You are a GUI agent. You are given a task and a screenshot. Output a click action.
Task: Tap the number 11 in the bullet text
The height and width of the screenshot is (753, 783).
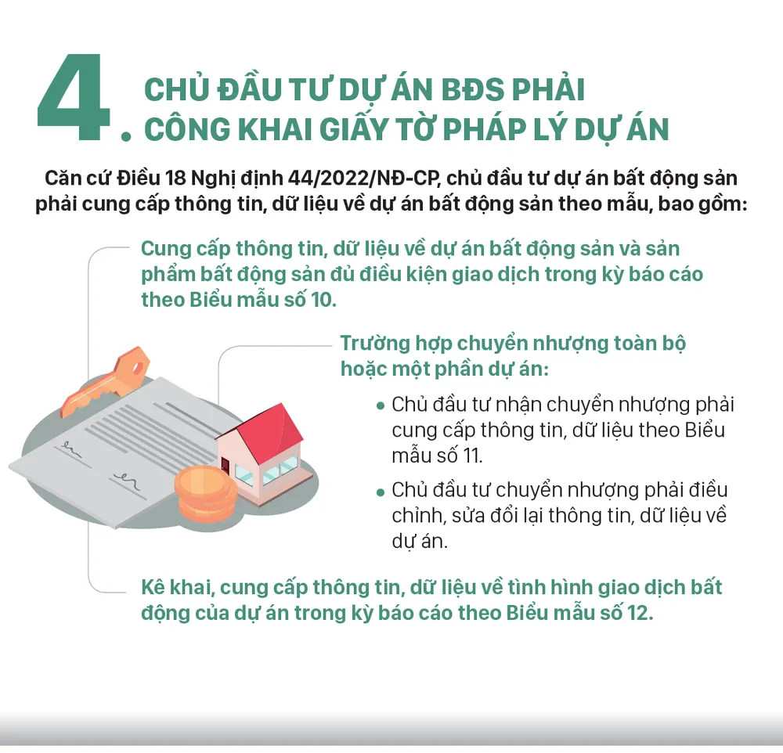pos(471,456)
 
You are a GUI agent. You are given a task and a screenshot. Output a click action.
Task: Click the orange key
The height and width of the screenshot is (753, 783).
pos(106,381)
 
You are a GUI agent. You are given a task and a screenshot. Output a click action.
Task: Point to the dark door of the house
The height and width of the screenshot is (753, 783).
pos(226,467)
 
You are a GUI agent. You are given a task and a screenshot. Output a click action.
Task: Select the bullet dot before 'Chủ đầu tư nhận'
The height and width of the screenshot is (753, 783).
pos(381,406)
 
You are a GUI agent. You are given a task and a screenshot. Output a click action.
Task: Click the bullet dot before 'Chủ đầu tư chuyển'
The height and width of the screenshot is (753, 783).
pos(381,492)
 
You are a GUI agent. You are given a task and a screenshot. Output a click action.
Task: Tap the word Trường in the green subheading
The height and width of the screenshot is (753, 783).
pos(375,344)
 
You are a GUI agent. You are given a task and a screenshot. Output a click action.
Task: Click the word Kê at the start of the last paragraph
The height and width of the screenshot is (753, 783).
pos(153,587)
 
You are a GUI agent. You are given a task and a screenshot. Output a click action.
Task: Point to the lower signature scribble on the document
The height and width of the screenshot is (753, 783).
pos(127,480)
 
